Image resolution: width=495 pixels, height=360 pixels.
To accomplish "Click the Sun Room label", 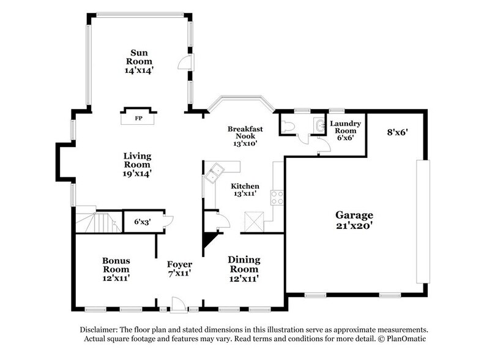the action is (x=140, y=57).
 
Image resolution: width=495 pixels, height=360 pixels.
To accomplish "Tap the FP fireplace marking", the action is (x=138, y=118).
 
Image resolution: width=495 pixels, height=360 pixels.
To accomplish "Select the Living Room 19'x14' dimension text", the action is (x=137, y=173).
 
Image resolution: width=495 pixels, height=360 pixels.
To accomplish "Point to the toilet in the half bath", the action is (x=288, y=126).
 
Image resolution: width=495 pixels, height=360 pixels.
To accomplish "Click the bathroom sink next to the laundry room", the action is (x=319, y=125).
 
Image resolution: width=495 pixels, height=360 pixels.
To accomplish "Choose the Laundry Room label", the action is (x=345, y=127).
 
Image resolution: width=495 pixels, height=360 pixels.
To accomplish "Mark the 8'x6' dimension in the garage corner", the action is (x=398, y=132).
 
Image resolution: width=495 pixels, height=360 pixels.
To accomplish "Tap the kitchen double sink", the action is (x=214, y=173).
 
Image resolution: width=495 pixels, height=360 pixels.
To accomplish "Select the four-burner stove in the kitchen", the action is (x=277, y=198).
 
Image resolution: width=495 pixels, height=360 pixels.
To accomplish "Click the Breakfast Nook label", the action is (x=245, y=132).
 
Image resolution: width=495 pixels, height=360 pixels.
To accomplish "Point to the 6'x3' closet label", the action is (x=143, y=222).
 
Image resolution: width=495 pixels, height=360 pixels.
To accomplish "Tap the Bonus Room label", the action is (x=116, y=265).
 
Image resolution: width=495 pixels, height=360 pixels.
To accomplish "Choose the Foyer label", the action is (x=180, y=264).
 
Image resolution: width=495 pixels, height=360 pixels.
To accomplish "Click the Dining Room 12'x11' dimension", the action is (x=244, y=279).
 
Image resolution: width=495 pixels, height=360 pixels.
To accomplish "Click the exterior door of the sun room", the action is (x=187, y=62).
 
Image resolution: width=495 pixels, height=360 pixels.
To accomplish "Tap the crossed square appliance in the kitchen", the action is (x=254, y=222).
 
